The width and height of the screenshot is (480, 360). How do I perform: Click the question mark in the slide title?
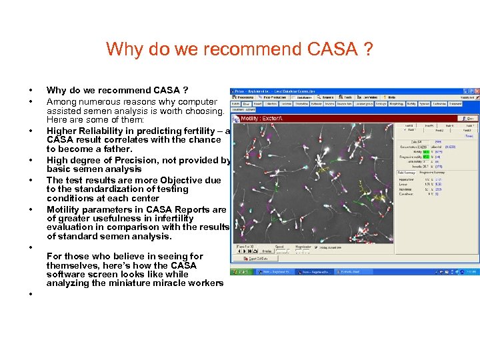(x=368, y=49)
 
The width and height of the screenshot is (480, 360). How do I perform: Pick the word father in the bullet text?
(x=115, y=149)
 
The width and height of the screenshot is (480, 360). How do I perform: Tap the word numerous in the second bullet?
(x=99, y=101)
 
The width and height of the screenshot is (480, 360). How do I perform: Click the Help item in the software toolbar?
(x=391, y=97)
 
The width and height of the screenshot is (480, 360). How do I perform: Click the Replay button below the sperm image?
(x=266, y=251)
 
